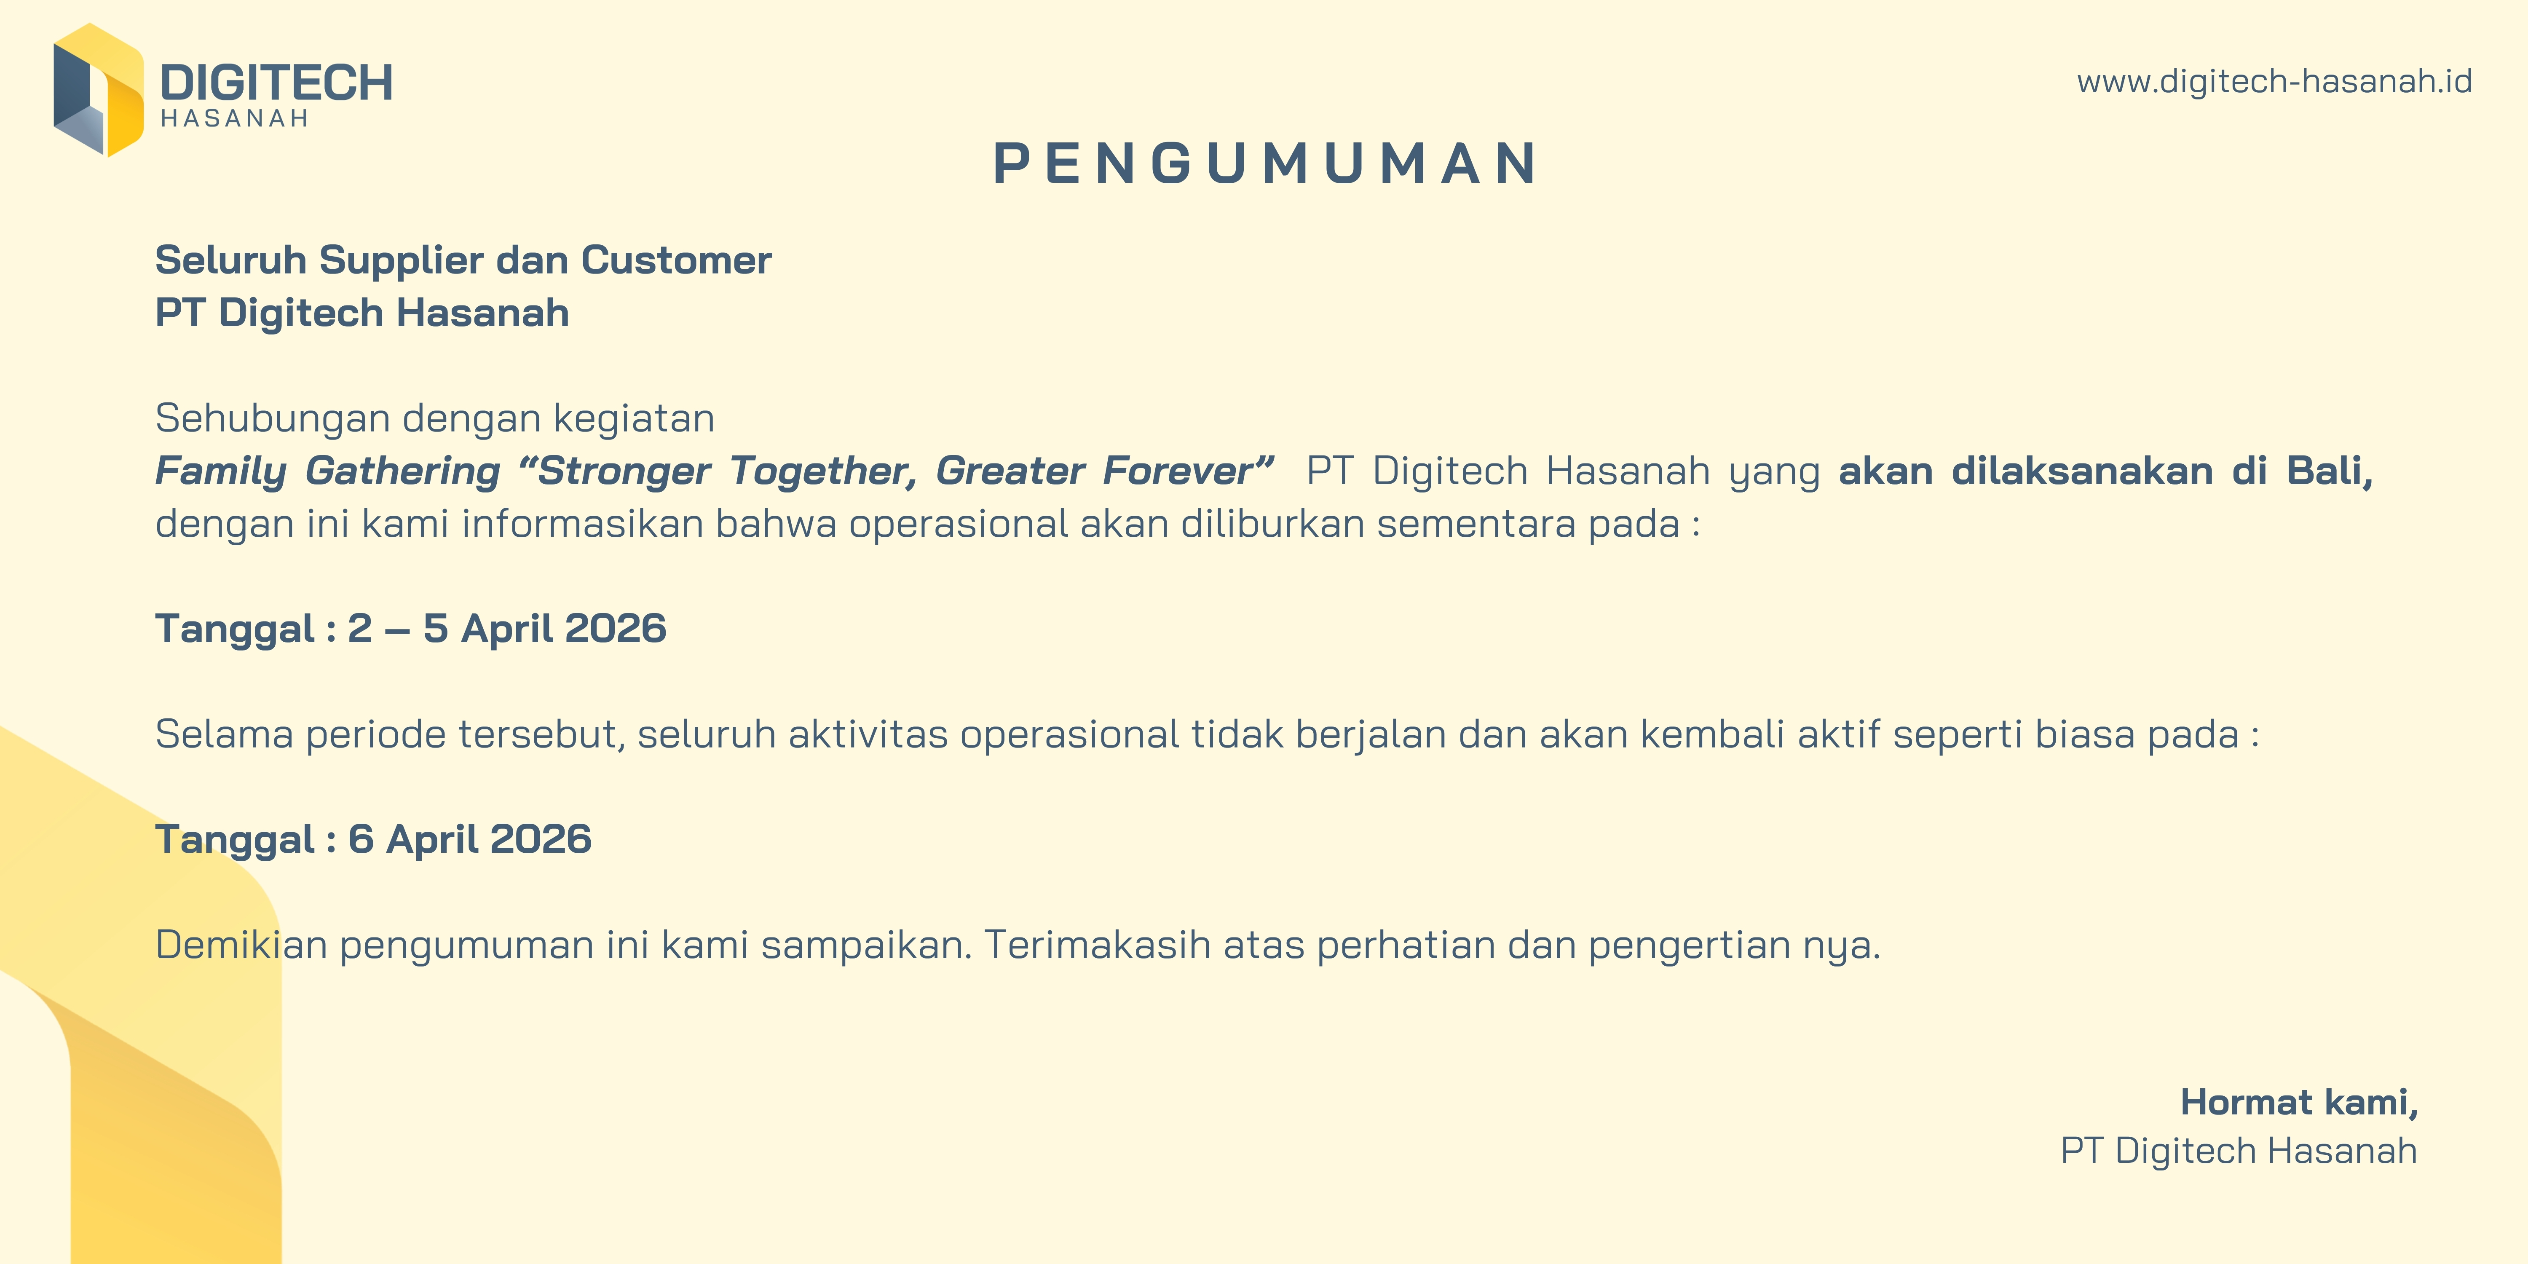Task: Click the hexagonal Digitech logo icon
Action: point(98,90)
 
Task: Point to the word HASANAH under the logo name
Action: point(235,119)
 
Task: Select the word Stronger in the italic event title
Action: point(624,471)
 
